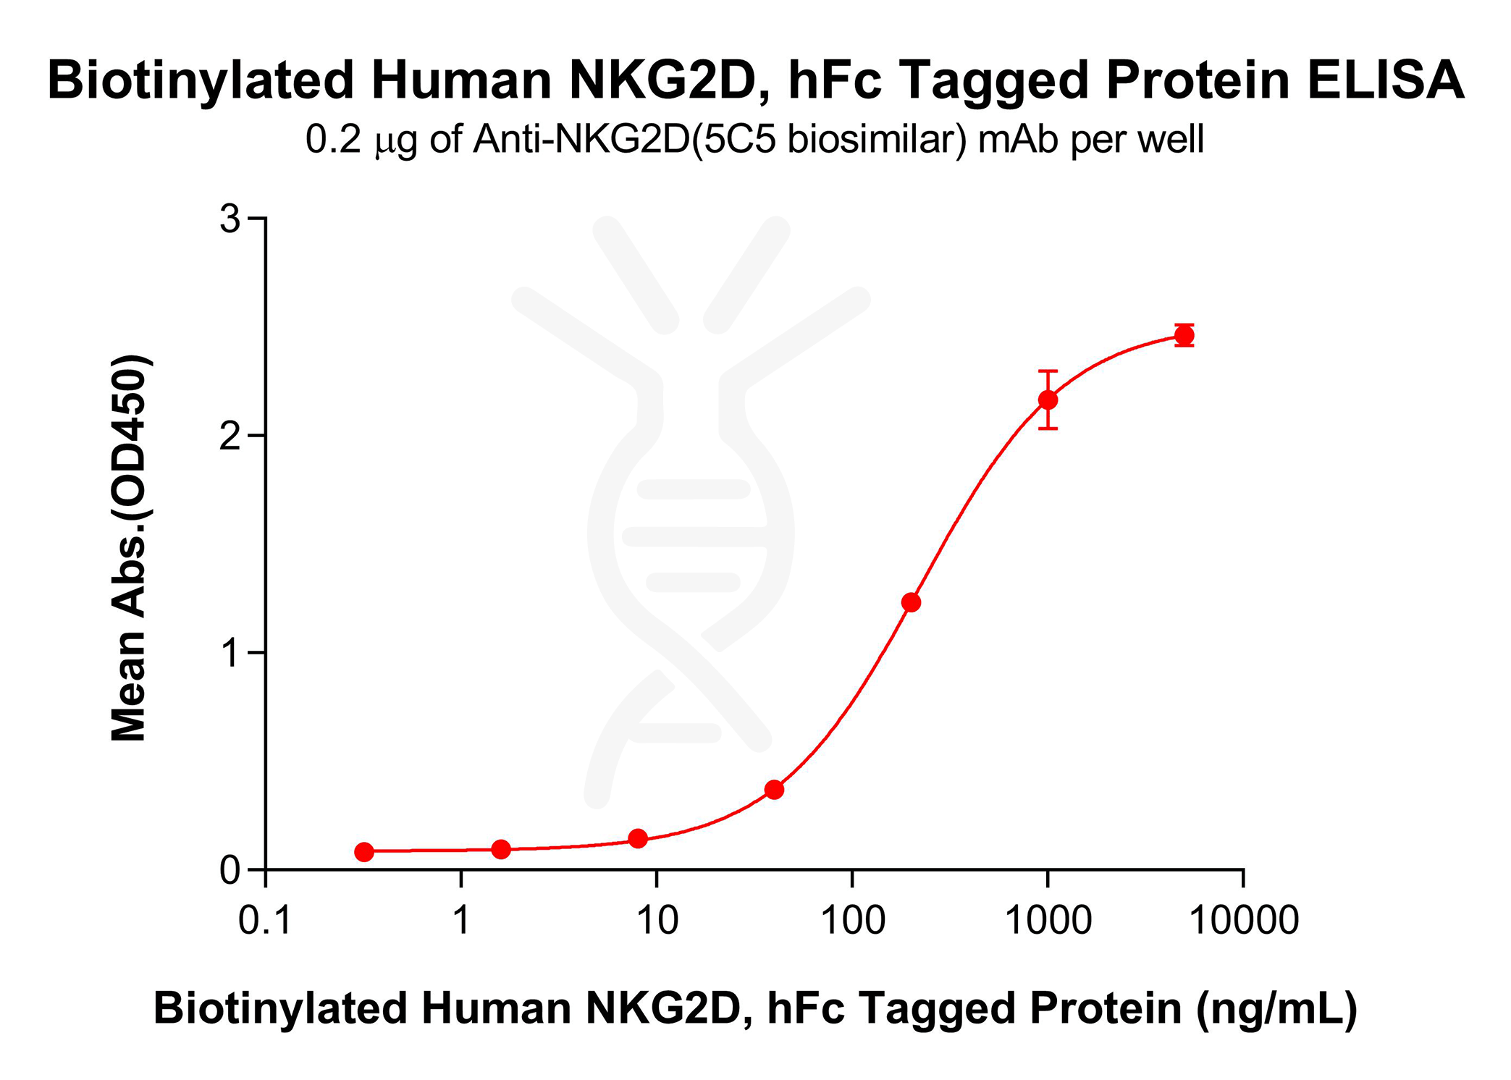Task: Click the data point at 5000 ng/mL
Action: coord(1184,335)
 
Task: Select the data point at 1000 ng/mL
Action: coord(1048,400)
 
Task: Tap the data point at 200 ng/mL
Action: coord(911,602)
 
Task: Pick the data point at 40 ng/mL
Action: coord(774,789)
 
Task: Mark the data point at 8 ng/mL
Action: coord(638,839)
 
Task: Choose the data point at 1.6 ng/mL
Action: coord(501,849)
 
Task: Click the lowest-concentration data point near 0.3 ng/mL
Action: coord(364,852)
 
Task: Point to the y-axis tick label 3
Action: coord(230,219)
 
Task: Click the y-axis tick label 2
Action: coord(230,436)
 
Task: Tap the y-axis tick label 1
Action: coord(230,653)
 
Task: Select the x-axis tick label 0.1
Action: coord(265,921)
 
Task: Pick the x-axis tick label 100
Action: coord(852,921)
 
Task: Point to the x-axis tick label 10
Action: coord(657,921)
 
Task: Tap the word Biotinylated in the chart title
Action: coord(201,80)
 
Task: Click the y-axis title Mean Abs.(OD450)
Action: coord(130,548)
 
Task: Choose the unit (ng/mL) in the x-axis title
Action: coord(1276,1008)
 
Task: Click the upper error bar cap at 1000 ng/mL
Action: coord(1048,371)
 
